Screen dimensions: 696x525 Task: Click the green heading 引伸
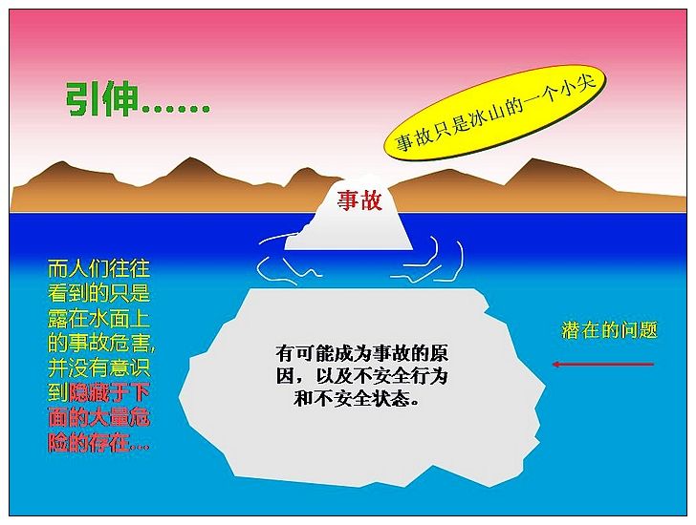click(101, 99)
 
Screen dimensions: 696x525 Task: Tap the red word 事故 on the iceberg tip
click(359, 200)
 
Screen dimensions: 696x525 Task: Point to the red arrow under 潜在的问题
click(603, 365)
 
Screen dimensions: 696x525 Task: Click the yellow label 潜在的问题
click(609, 330)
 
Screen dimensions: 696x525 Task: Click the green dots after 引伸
click(175, 108)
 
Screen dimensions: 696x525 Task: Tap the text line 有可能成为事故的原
click(361, 353)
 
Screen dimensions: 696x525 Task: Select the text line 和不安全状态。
click(356, 398)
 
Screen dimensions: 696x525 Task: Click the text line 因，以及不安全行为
click(361, 376)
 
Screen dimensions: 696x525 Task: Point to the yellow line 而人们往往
click(99, 268)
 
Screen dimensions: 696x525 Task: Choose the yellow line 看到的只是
click(99, 293)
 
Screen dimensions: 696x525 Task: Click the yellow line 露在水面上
click(99, 318)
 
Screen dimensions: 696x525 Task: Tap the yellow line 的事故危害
click(101, 343)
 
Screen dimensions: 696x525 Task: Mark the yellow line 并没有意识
click(99, 367)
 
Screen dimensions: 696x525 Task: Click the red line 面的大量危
click(99, 417)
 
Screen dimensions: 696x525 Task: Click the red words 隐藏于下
click(110, 392)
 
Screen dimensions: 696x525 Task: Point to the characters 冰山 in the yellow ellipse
click(485, 117)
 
